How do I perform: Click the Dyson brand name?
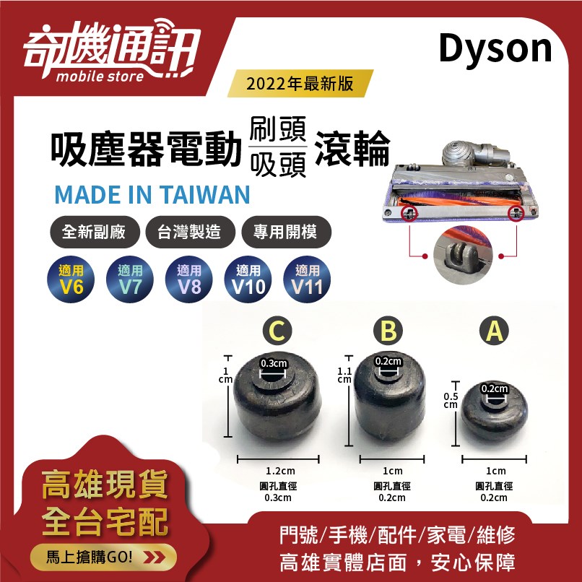click(495, 49)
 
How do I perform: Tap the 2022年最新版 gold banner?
click(300, 84)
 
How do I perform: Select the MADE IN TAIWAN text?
click(152, 194)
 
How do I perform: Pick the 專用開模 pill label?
click(287, 233)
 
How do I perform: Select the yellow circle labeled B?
click(388, 331)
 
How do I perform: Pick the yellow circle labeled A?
click(495, 331)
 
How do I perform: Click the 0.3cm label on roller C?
click(274, 363)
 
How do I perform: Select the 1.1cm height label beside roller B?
click(344, 374)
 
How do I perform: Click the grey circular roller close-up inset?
click(462, 256)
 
